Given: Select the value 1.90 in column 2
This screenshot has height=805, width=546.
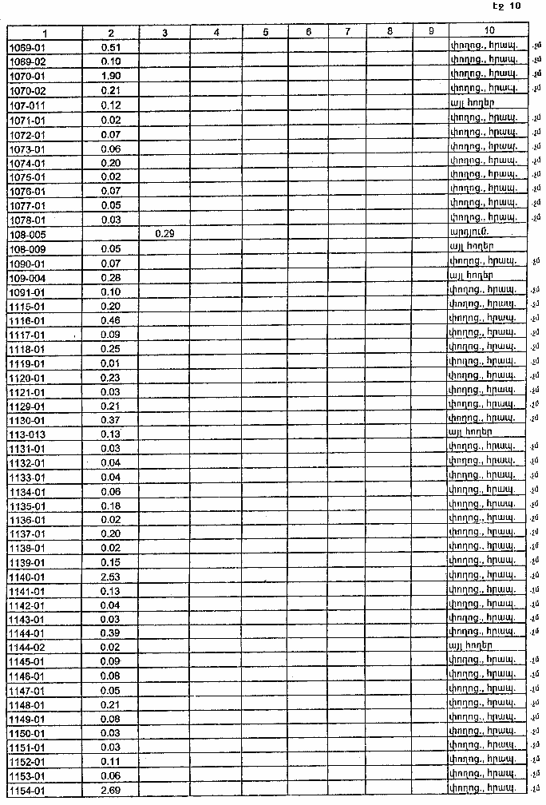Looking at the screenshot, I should [x=111, y=76].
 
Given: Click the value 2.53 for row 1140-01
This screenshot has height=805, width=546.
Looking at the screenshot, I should [x=111, y=575].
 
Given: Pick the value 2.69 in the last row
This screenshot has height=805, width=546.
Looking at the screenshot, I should [x=111, y=791].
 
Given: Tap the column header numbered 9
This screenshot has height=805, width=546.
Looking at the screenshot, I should [x=430, y=33].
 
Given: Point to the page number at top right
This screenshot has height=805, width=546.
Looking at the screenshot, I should [x=507, y=6].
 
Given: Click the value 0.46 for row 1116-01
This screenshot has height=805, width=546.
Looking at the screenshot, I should [x=111, y=319].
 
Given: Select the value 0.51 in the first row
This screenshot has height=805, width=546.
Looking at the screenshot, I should [x=111, y=47].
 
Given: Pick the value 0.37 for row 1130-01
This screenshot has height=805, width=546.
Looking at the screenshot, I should [x=111, y=420].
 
